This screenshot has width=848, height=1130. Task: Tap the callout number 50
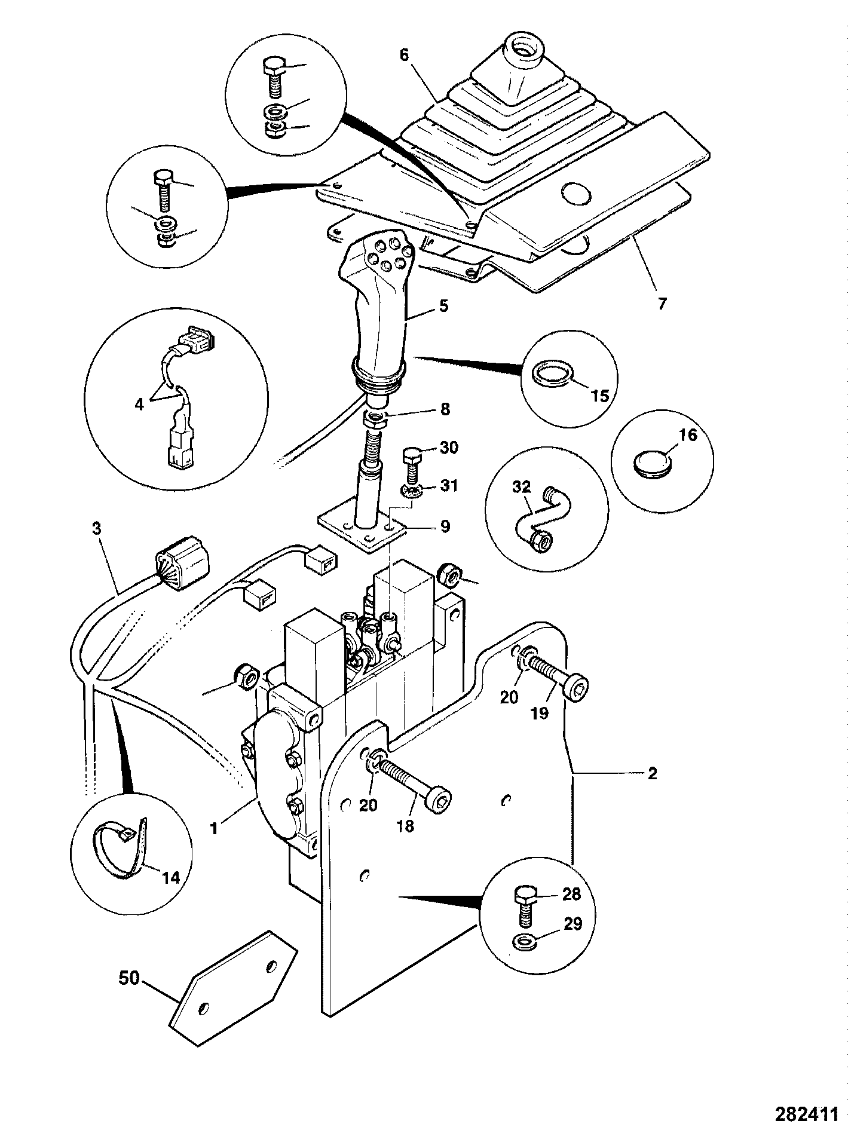(x=128, y=978)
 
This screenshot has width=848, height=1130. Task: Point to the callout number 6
(x=404, y=56)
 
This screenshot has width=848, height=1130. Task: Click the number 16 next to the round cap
(x=688, y=435)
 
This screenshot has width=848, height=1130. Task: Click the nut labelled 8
(x=376, y=418)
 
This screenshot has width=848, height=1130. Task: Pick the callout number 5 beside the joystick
(x=443, y=306)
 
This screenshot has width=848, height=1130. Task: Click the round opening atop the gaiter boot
(x=522, y=53)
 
